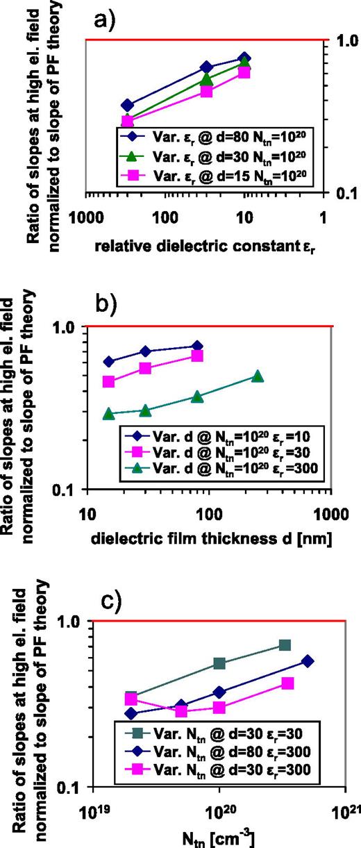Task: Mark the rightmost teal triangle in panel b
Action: click(258, 376)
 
